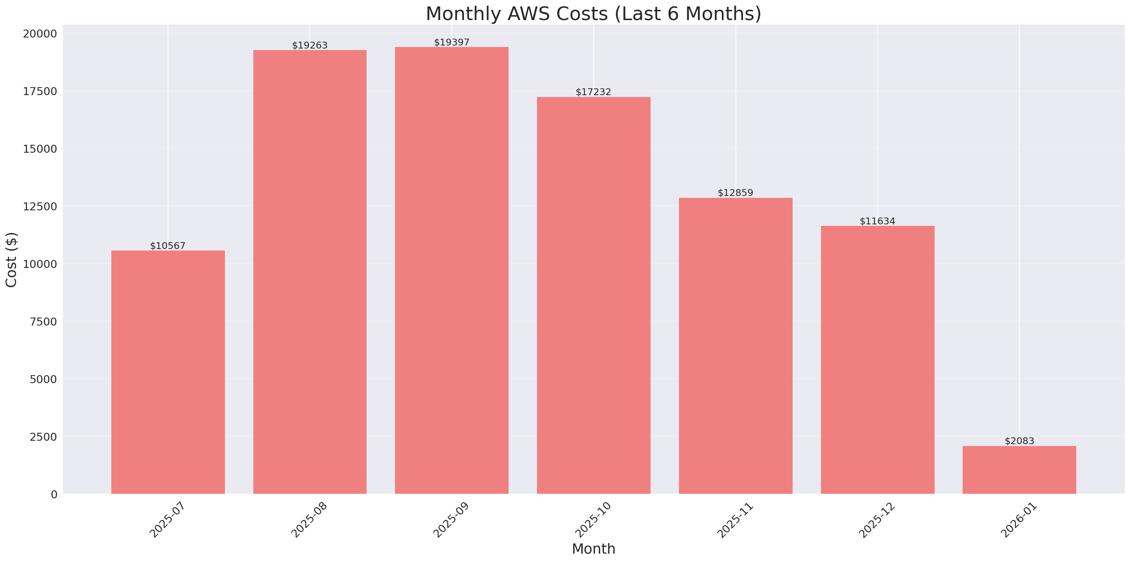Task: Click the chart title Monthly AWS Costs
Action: [593, 14]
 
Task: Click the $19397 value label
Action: [451, 42]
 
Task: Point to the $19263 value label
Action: [310, 45]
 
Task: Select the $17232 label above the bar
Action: [593, 92]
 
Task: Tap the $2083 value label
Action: [1019, 441]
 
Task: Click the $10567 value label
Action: [168, 246]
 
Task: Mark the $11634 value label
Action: [877, 221]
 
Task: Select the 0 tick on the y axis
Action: [54, 495]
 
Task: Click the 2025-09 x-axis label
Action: [451, 520]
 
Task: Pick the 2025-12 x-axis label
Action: [877, 520]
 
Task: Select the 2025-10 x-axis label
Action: [593, 520]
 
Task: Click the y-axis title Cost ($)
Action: [11, 260]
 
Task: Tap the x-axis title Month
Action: [593, 549]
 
